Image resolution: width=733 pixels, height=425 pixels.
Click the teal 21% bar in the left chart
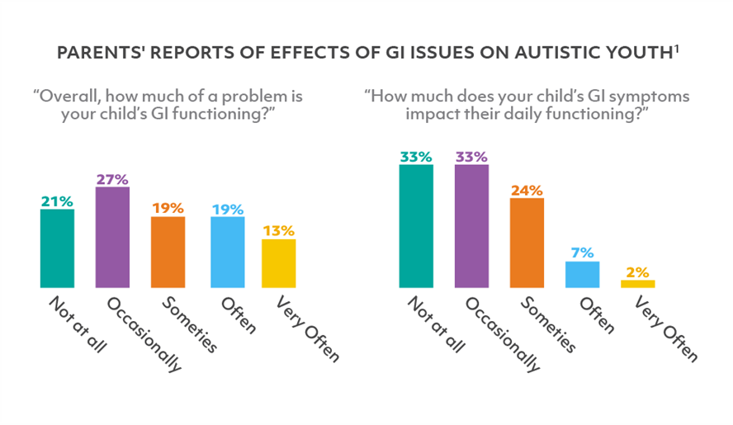[x=57, y=248]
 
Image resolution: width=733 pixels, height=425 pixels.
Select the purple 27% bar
[x=112, y=237]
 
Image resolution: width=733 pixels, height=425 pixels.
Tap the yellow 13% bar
[x=278, y=263]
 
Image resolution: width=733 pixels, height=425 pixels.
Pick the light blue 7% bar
[x=582, y=274]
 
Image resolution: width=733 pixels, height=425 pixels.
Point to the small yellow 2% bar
[x=637, y=283]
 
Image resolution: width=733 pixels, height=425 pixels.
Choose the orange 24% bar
[x=527, y=243]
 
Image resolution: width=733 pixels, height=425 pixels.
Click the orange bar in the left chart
[x=168, y=252]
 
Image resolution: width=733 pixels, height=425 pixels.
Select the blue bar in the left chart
[x=223, y=252]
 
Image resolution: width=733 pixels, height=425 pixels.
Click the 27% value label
[x=112, y=177]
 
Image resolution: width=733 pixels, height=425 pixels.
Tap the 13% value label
[x=278, y=230]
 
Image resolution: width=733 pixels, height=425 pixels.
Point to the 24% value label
[x=527, y=190]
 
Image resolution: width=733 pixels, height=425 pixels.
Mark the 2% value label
[x=637, y=272]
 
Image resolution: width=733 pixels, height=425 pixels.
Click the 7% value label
[x=582, y=253]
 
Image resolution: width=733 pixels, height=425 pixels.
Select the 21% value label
[x=57, y=200]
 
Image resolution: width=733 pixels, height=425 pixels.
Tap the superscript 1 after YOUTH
[x=676, y=49]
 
